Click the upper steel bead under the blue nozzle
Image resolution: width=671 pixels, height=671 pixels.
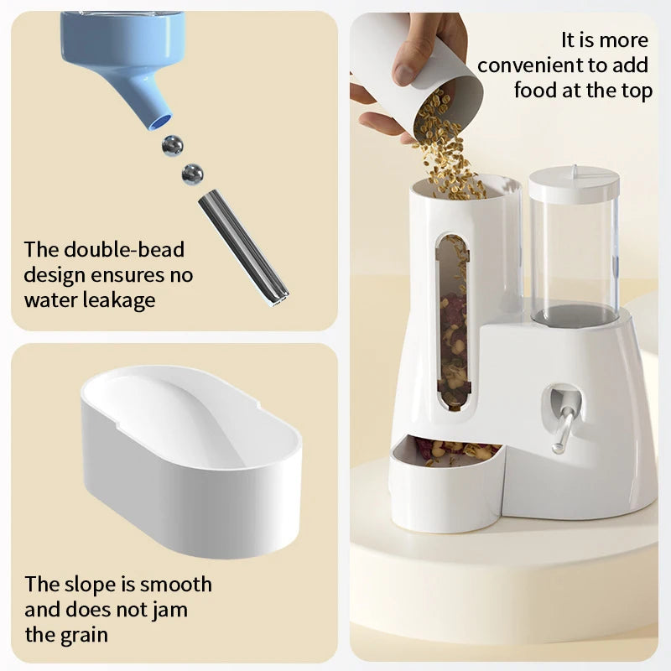(x=173, y=145)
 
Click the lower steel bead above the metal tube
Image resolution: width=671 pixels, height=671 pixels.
(x=192, y=174)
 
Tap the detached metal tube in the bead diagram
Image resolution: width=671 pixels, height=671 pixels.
(x=242, y=247)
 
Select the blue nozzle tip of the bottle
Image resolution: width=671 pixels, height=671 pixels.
(x=159, y=118)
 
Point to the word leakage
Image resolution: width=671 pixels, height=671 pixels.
(x=114, y=300)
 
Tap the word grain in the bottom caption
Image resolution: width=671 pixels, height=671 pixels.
(x=84, y=634)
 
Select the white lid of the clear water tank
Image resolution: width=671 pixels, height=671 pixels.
(x=574, y=183)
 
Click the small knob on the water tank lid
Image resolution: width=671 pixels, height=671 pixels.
(x=574, y=169)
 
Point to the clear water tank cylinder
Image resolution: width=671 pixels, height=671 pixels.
(x=574, y=252)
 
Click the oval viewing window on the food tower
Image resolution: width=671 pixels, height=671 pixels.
(x=453, y=319)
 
